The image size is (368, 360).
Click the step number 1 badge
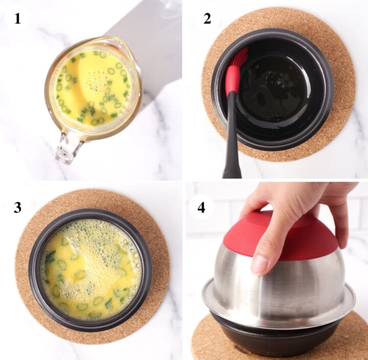(17, 19)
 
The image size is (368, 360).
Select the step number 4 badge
(201, 207)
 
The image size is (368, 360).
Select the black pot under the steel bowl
(276, 340)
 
